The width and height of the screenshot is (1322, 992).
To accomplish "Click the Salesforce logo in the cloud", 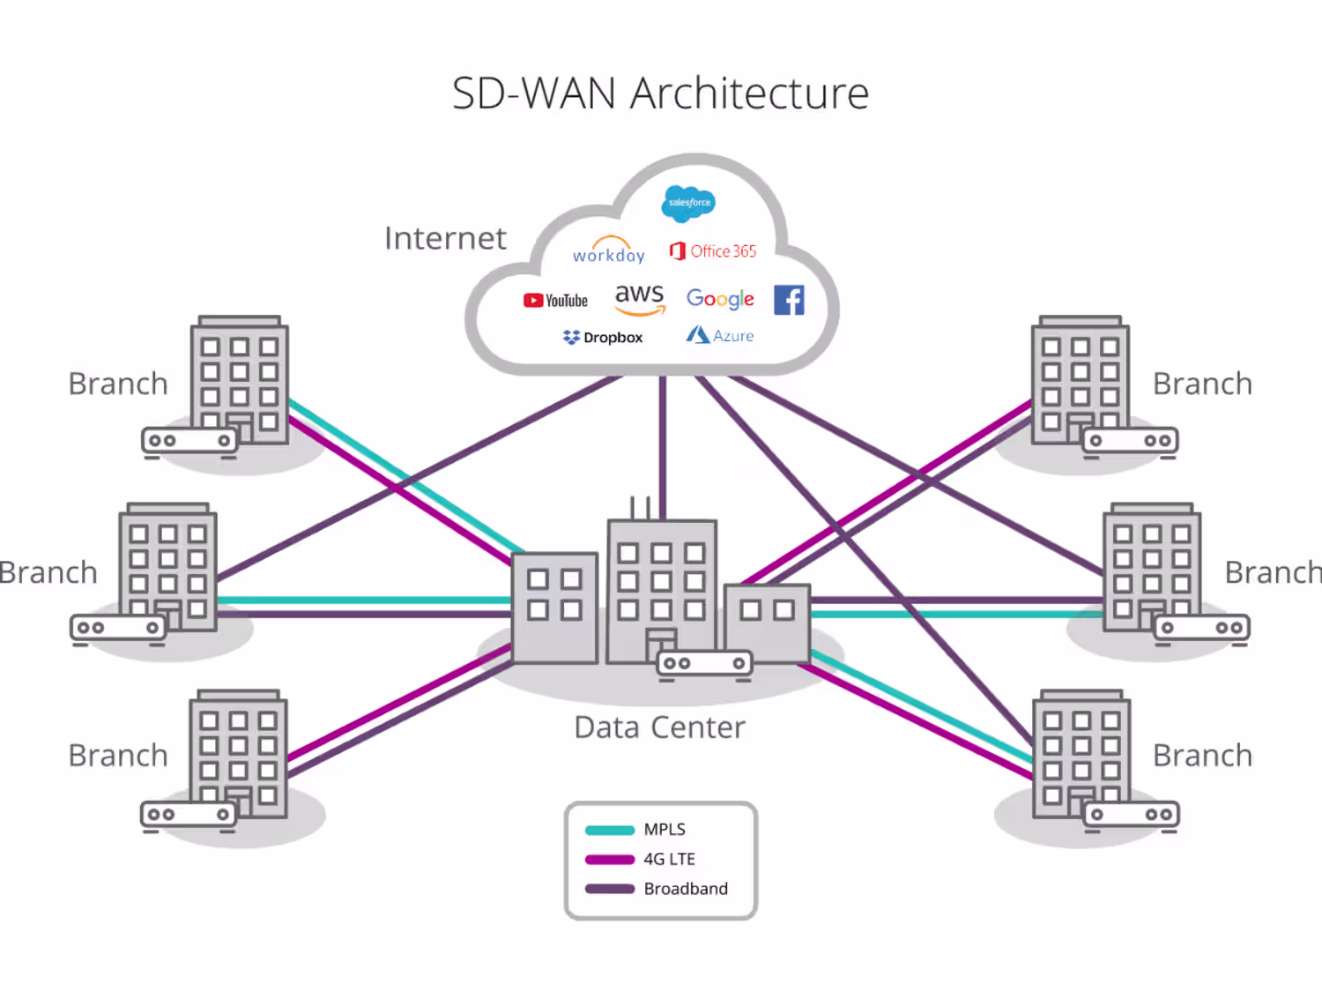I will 688,203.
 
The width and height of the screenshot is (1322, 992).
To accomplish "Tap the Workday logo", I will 609,252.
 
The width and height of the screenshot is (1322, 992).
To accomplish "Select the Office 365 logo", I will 713,251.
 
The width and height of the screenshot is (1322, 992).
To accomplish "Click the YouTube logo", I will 555,301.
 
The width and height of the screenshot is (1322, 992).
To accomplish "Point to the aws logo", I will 640,297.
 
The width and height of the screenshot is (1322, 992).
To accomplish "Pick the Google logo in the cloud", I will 720,299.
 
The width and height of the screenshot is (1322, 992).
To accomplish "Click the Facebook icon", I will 789,300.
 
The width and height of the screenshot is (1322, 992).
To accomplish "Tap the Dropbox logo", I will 603,338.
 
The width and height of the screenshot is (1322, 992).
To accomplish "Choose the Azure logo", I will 720,336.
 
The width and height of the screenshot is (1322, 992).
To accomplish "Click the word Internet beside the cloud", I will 445,238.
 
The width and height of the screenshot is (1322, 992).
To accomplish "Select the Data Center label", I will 659,727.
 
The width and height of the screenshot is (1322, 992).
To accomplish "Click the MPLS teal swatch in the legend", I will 610,830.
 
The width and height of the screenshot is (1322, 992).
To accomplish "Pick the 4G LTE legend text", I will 669,859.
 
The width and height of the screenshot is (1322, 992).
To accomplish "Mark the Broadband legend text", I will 686,889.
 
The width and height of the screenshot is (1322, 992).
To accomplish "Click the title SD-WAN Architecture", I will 660,93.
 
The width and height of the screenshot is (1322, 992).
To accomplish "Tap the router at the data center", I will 705,663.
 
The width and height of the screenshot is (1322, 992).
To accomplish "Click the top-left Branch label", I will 118,384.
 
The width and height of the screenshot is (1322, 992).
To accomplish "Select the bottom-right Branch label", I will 1202,756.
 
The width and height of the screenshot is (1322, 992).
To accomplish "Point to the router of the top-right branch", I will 1130,441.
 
